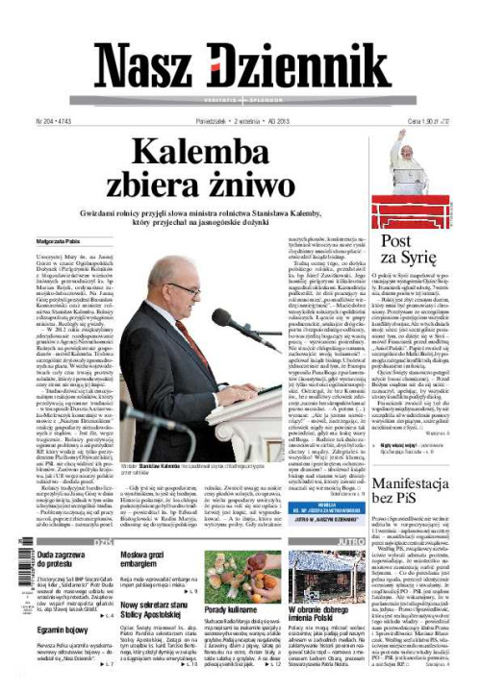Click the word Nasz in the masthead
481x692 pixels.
coord(147,68)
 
